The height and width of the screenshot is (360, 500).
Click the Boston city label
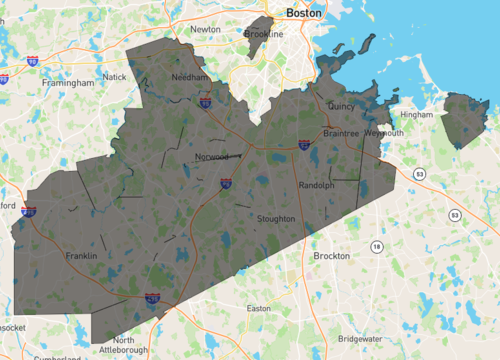click(x=304, y=13)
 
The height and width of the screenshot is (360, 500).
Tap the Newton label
click(x=205, y=29)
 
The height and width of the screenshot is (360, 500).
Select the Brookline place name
click(x=264, y=34)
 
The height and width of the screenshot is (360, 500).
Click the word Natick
click(x=115, y=77)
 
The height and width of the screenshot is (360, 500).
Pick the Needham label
click(x=190, y=77)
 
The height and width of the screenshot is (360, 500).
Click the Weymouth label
click(x=385, y=133)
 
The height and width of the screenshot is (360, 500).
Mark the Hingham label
click(x=416, y=115)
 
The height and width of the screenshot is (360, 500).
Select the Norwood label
click(x=212, y=157)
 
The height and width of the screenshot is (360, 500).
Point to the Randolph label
click(x=316, y=185)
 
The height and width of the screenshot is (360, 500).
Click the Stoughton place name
click(x=275, y=218)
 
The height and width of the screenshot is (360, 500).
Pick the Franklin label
click(x=81, y=256)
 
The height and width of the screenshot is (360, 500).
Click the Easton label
click(x=258, y=308)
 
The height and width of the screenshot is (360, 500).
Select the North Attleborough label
click(x=124, y=345)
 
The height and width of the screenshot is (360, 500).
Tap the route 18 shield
click(x=376, y=246)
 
